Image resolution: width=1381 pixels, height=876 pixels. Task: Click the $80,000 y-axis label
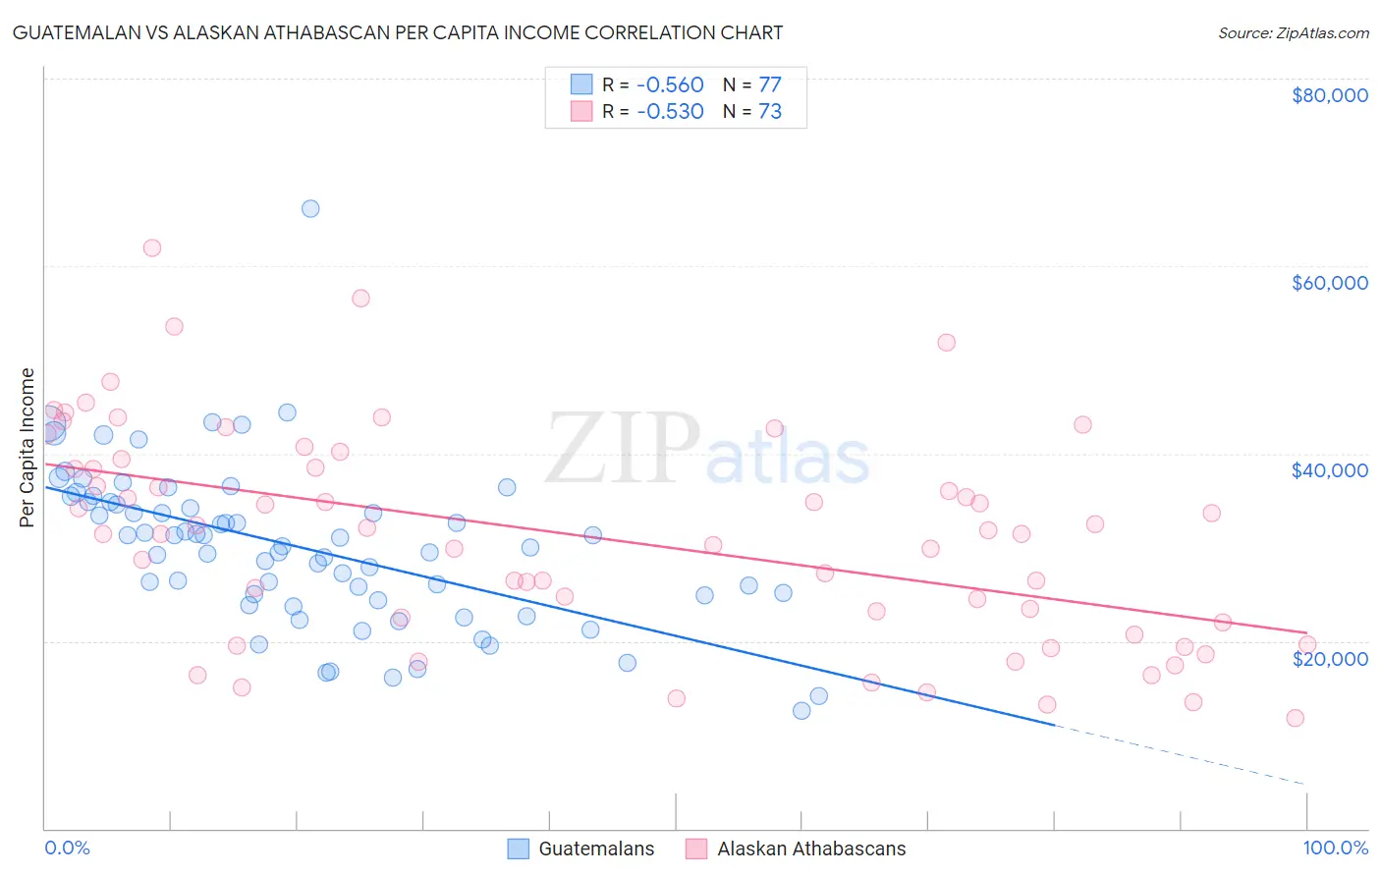point(1329,95)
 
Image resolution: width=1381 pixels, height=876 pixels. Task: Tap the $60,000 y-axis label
point(1329,283)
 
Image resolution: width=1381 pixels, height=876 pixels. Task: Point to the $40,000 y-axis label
point(1329,470)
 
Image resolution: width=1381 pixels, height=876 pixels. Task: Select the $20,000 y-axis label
point(1329,658)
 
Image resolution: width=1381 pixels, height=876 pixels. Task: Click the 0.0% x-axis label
point(67,848)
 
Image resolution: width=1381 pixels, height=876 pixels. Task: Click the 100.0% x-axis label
point(1335,848)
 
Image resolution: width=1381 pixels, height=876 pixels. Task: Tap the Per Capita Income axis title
point(28,447)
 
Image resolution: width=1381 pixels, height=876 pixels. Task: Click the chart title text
point(397,32)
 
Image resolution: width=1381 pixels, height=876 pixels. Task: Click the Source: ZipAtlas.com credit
point(1293,32)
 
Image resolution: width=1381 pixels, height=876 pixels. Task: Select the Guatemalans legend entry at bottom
point(595,849)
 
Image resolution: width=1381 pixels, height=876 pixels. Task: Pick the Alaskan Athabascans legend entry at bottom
point(810,849)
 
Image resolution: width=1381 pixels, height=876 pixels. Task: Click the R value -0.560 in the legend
point(670,84)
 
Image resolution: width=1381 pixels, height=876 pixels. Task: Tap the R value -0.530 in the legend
point(670,111)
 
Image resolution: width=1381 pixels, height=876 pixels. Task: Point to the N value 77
point(770,84)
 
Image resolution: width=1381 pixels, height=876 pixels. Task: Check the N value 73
point(770,111)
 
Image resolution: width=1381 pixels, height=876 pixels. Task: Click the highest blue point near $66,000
point(310,208)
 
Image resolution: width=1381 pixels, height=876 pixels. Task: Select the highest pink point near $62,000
point(151,247)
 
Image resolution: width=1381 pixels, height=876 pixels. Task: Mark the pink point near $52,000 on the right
point(946,343)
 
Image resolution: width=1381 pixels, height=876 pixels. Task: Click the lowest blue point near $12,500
point(801,710)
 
